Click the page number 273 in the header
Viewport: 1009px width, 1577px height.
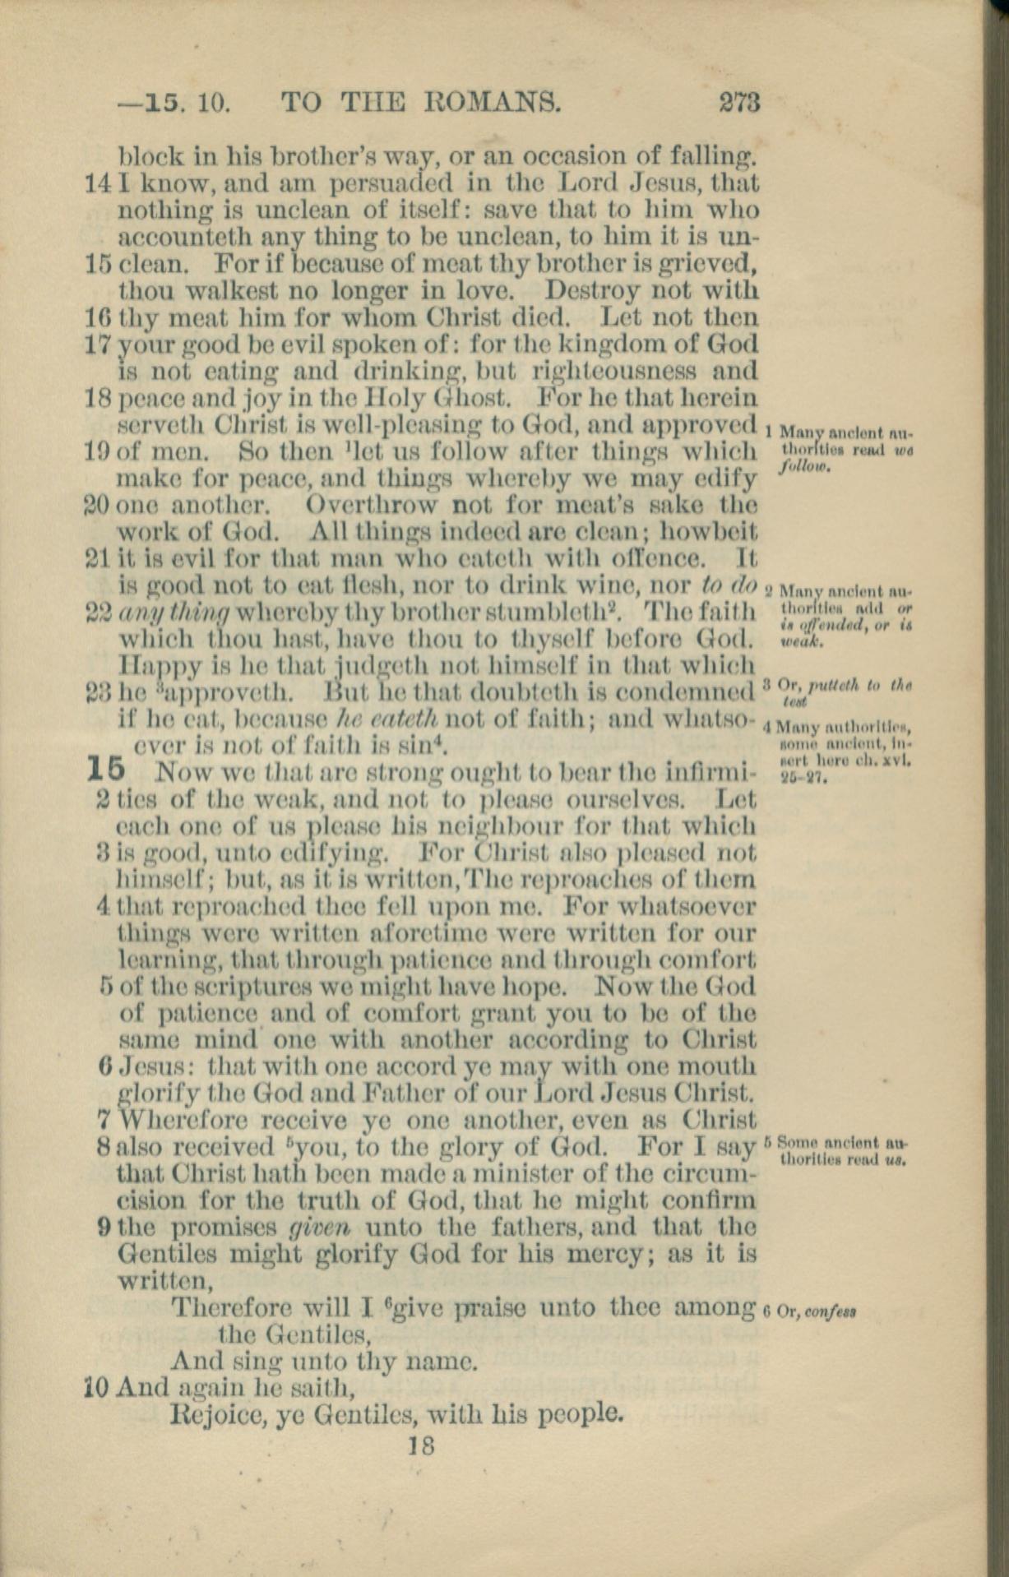point(739,103)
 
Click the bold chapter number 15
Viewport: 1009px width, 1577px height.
point(106,770)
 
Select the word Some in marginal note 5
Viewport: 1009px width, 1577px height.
point(794,1142)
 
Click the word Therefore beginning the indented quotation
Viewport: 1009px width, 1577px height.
point(229,1307)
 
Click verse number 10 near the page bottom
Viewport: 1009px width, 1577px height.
point(99,1389)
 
